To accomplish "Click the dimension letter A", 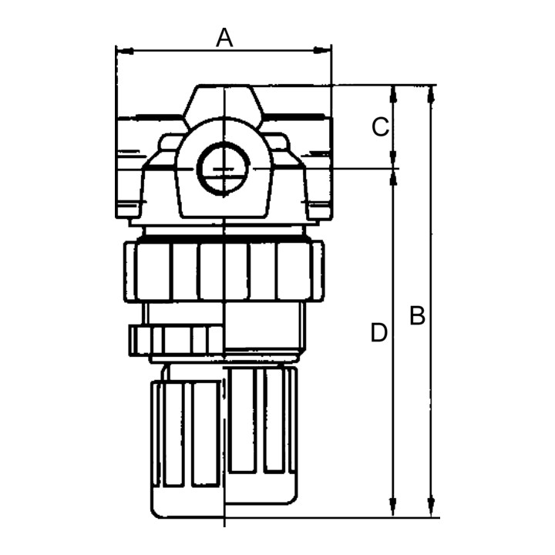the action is click(x=224, y=38).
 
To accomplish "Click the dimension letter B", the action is click(x=417, y=315).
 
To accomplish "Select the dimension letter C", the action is click(x=381, y=127).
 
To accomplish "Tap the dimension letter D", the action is click(x=378, y=333).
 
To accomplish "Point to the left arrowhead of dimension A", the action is click(x=125, y=52).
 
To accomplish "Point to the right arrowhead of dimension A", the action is click(x=322, y=51).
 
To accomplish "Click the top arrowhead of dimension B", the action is click(x=432, y=95).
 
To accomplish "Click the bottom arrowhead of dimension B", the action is click(x=431, y=506).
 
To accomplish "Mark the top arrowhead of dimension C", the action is click(x=393, y=95).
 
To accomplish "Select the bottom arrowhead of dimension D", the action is click(x=392, y=506).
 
